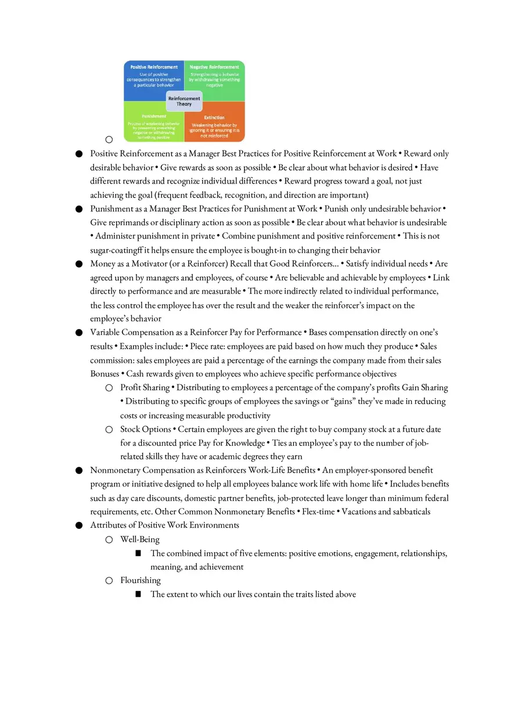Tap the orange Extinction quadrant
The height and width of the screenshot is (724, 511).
(x=214, y=127)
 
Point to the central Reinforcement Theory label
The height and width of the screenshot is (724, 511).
(x=184, y=101)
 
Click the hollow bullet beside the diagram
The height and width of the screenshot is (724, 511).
(x=109, y=139)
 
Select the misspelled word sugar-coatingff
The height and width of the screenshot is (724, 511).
(x=117, y=250)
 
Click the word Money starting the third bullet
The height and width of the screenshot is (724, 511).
(x=102, y=264)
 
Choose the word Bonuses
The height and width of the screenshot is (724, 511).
(x=105, y=374)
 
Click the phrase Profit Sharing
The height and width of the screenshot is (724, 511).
(x=145, y=388)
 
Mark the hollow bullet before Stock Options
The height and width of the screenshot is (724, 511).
(x=109, y=430)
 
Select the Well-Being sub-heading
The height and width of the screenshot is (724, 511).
(x=140, y=539)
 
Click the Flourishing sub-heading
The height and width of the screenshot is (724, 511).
(x=141, y=581)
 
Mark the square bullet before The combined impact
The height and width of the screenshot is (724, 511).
(x=138, y=553)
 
